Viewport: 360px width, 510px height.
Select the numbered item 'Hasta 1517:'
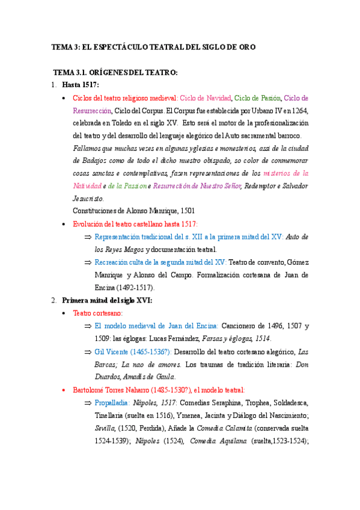coord(81,85)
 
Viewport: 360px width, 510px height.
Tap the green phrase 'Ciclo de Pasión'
coord(258,97)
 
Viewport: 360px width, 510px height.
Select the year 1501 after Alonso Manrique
coord(183,210)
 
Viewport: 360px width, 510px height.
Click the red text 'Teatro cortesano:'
coord(97,313)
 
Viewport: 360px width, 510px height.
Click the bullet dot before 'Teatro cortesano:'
coord(64,313)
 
